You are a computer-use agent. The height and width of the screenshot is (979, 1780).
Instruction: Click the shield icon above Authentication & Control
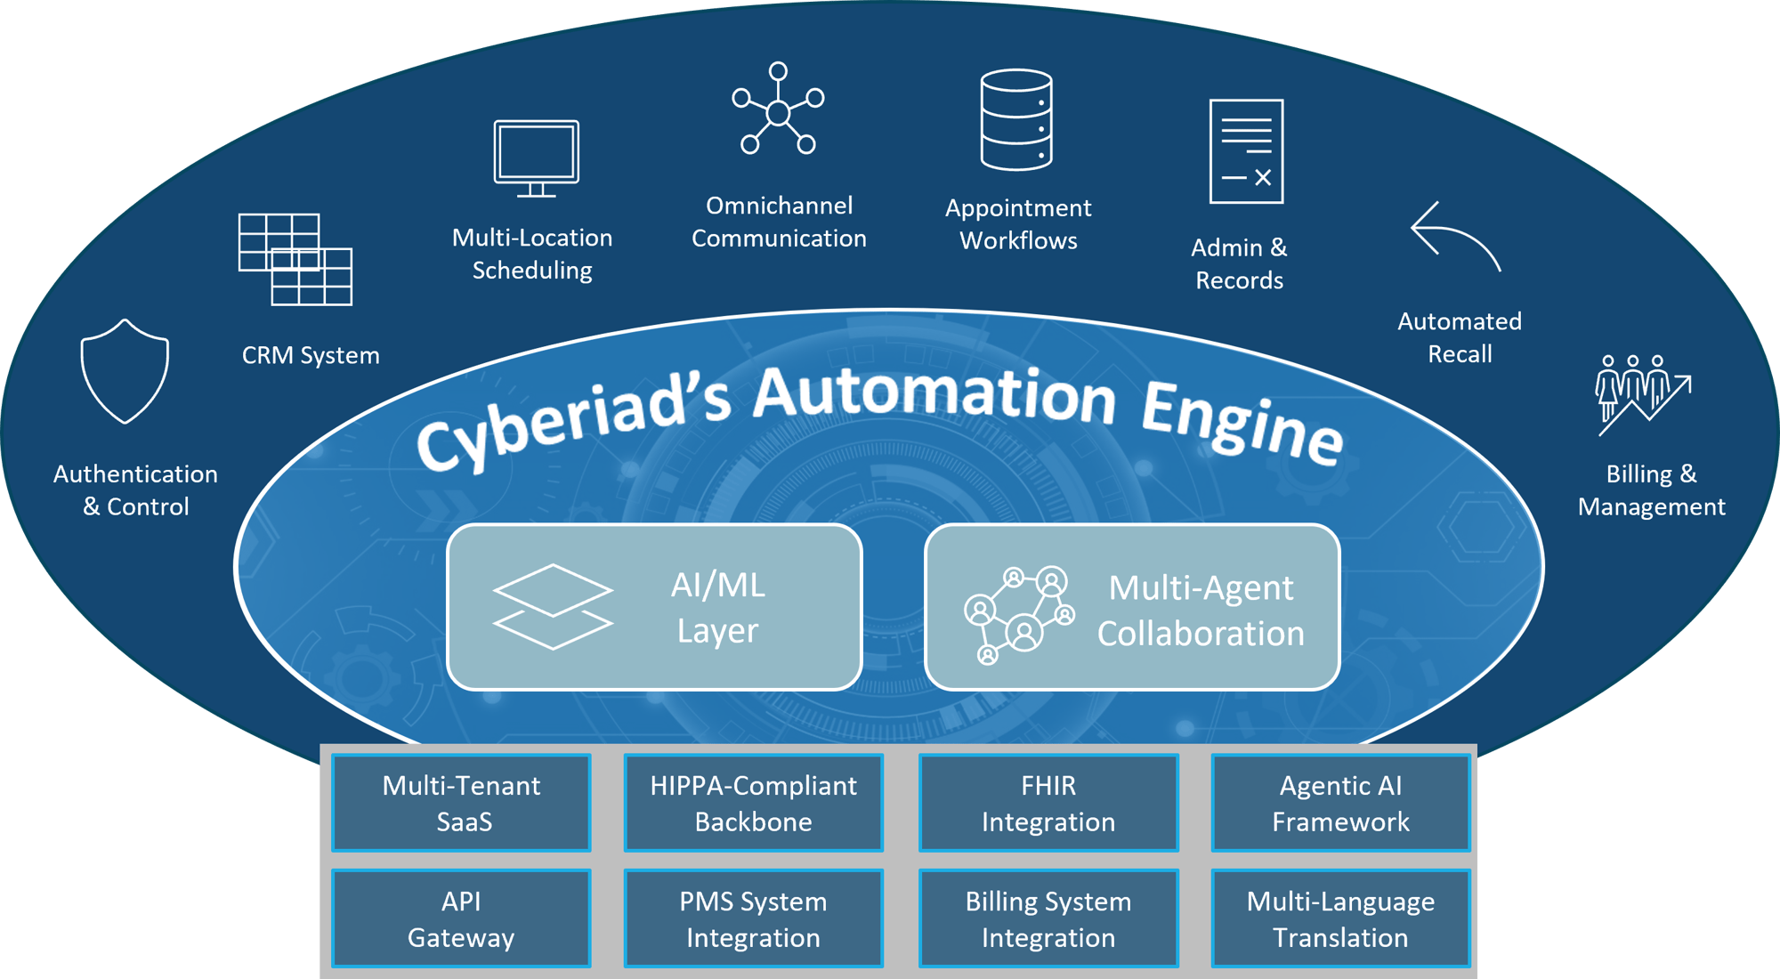(x=125, y=371)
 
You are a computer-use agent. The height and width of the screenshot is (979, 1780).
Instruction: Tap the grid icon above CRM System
(x=295, y=259)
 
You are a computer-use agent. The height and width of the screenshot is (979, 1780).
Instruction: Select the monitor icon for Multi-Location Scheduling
(x=537, y=158)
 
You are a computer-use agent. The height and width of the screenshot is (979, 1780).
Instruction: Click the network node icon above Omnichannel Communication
(x=778, y=109)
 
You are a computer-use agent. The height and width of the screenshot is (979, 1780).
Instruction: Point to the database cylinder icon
(x=1016, y=119)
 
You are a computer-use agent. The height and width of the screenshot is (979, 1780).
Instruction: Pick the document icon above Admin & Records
(x=1246, y=151)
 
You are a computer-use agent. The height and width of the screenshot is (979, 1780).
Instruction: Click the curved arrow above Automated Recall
(x=1455, y=236)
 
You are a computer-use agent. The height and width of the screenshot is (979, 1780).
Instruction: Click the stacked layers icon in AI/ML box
(x=553, y=607)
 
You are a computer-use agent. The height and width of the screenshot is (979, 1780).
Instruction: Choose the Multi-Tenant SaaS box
(x=461, y=803)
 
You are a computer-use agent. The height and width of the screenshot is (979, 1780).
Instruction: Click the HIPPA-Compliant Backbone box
(x=753, y=803)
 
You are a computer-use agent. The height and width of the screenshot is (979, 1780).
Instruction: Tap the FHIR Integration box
(x=1048, y=803)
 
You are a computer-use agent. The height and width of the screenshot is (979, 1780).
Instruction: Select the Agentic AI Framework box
(x=1340, y=803)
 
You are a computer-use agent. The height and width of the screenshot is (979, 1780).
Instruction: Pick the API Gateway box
(x=461, y=918)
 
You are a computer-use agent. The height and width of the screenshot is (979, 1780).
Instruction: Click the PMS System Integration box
(x=753, y=918)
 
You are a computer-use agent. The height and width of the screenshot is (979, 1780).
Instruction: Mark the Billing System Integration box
(x=1048, y=918)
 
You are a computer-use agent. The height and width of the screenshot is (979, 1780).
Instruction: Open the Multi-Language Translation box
(x=1340, y=918)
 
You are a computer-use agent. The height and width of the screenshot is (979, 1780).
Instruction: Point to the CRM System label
(x=311, y=355)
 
